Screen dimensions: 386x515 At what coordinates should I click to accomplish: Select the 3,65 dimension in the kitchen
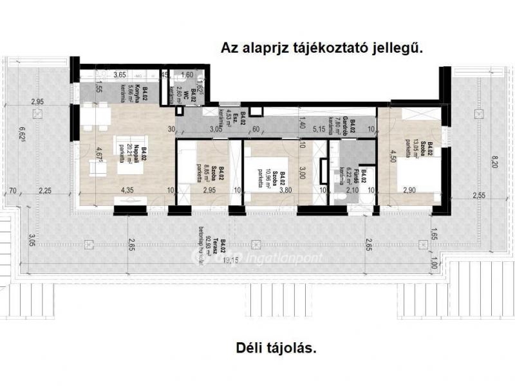tap(120, 75)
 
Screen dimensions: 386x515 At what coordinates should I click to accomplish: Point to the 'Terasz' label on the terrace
tap(223, 248)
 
